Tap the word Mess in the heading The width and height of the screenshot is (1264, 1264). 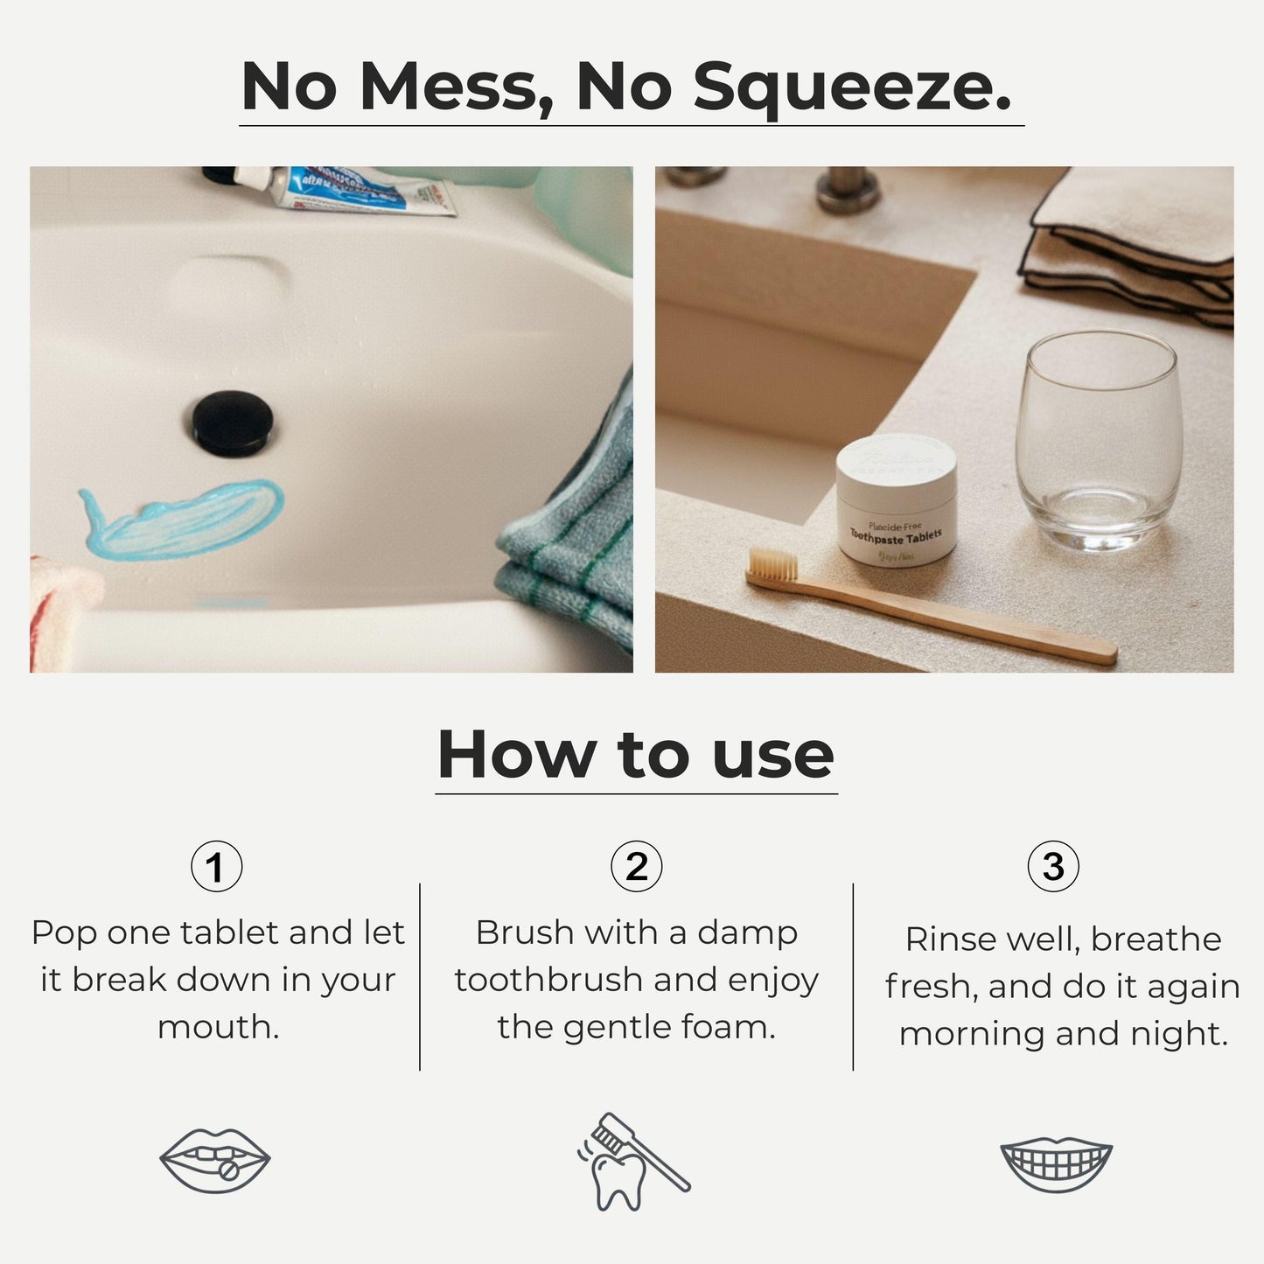pyautogui.click(x=455, y=87)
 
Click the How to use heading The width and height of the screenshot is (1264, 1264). pyautogui.click(x=636, y=755)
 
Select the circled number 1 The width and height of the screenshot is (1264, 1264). pyautogui.click(x=216, y=867)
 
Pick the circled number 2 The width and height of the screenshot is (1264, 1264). pyautogui.click(x=636, y=867)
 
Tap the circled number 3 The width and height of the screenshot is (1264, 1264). pyautogui.click(x=1052, y=867)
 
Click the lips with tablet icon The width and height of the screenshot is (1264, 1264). pyautogui.click(x=215, y=1160)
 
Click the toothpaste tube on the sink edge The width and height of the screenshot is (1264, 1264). pyautogui.click(x=350, y=188)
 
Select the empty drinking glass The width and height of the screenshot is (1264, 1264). pyautogui.click(x=1099, y=437)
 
